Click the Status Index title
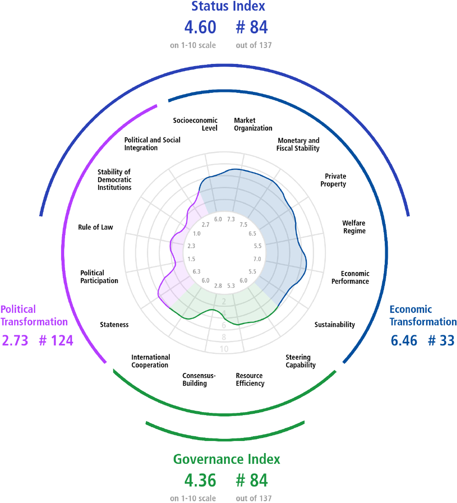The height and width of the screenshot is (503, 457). tap(228, 6)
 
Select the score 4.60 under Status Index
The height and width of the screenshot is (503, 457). tap(200, 27)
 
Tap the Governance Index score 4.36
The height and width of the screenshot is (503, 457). tap(200, 480)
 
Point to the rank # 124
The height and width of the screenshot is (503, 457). tap(56, 341)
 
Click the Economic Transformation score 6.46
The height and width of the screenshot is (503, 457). tap(404, 341)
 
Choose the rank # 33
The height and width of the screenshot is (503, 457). tap(441, 341)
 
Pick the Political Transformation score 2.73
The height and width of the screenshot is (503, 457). tap(15, 341)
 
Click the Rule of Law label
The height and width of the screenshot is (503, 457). tap(95, 227)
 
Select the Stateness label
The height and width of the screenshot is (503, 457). tap(114, 325)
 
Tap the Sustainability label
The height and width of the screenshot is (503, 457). tap(335, 325)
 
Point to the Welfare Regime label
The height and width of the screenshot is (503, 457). tap(354, 227)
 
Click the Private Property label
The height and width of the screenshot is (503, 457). tap(333, 180)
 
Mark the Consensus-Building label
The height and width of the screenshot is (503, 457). tap(199, 379)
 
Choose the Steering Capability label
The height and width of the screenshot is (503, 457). tap(301, 361)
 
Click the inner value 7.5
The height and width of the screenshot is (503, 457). tap(244, 225)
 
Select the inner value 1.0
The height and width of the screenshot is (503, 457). tap(197, 234)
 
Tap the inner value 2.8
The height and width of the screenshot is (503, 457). tap(218, 286)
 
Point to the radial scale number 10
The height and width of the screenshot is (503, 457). tap(224, 349)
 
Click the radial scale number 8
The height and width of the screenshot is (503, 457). tap(224, 337)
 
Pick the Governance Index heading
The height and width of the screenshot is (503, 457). tap(226, 459)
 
